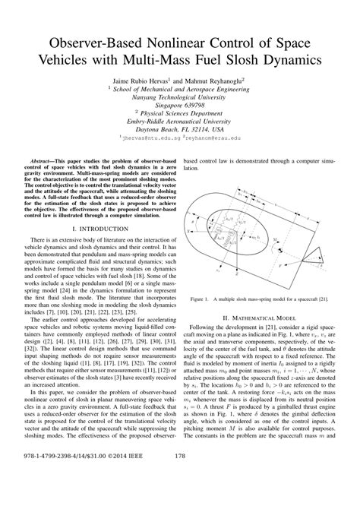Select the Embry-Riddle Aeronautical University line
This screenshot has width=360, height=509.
[x=179, y=119]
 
